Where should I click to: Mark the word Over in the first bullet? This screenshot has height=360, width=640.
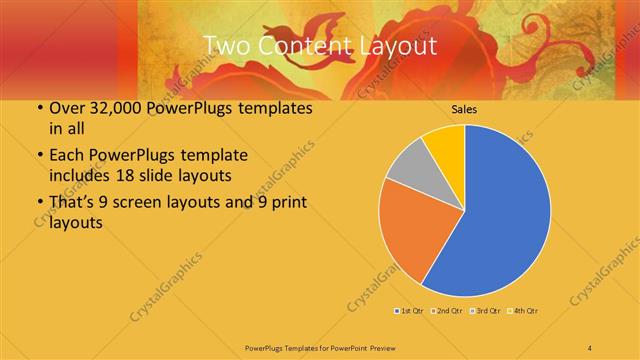click(x=65, y=109)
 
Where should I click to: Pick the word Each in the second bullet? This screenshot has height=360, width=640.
click(x=66, y=157)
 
